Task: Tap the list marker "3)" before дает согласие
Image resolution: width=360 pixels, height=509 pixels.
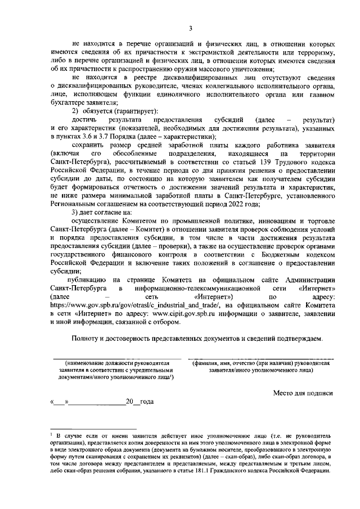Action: coord(76,212)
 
